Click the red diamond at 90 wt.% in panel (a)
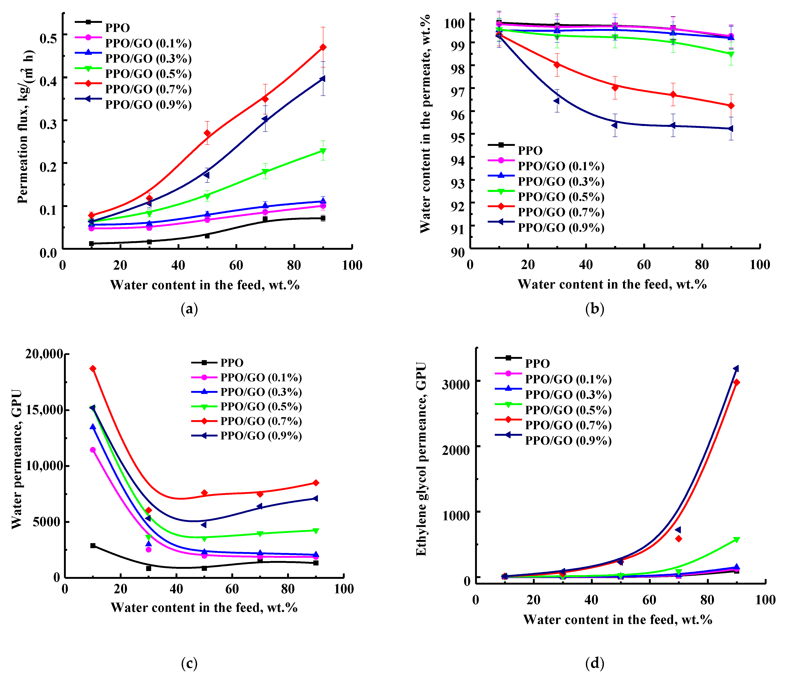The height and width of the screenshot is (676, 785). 323,47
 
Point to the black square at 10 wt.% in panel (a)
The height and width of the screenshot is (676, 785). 91,243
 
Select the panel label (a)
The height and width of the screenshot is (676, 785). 189,309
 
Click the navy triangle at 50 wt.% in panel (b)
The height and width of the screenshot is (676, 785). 615,125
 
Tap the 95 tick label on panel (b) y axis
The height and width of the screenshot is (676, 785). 458,138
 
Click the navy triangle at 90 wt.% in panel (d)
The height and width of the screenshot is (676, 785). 736,368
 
